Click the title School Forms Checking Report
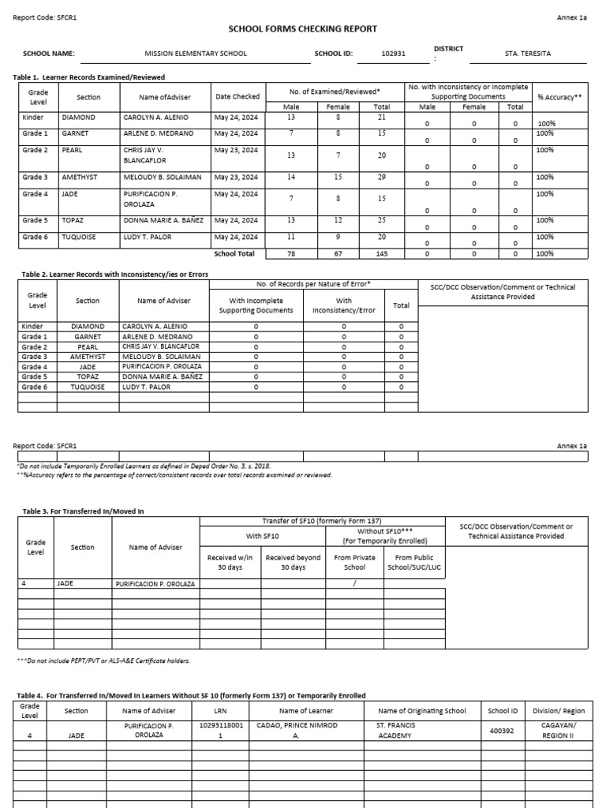(302, 29)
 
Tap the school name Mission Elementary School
(196, 54)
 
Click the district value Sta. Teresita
(528, 54)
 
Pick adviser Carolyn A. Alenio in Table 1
(156, 118)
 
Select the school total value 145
(381, 253)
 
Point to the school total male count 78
(291, 253)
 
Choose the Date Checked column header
(237, 96)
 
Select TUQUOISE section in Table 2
(88, 387)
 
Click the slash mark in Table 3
(355, 584)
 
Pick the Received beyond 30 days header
(293, 562)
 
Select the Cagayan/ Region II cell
(558, 729)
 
